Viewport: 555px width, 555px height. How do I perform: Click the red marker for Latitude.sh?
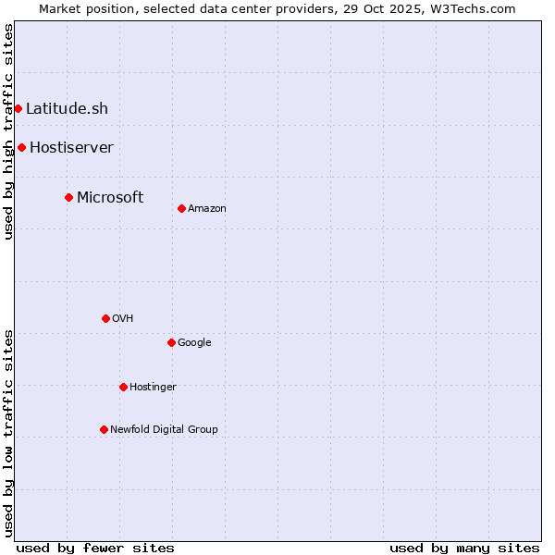18,108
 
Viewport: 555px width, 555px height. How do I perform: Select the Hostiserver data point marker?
21,147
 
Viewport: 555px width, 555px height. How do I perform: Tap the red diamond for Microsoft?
68,197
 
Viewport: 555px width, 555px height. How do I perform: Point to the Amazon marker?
181,208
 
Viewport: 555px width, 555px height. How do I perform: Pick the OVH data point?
105,318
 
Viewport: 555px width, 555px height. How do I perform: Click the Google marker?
171,342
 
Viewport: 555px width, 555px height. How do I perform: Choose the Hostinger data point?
123,387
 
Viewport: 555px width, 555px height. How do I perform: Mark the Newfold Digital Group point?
104,429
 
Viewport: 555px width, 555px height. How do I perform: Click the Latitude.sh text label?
67,108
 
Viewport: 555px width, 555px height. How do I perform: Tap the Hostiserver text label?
71,147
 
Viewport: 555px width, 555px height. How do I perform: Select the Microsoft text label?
110,197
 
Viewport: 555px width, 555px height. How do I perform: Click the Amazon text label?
207,208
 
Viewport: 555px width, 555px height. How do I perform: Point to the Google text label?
194,342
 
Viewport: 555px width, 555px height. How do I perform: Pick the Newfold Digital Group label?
164,429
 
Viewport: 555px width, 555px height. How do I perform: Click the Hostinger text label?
153,387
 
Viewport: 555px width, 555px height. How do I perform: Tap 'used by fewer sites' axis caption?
95,548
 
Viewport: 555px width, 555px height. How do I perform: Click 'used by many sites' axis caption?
464,548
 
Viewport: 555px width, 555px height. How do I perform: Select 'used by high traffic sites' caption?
8,131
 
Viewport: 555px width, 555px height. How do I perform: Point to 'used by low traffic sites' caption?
8,432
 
